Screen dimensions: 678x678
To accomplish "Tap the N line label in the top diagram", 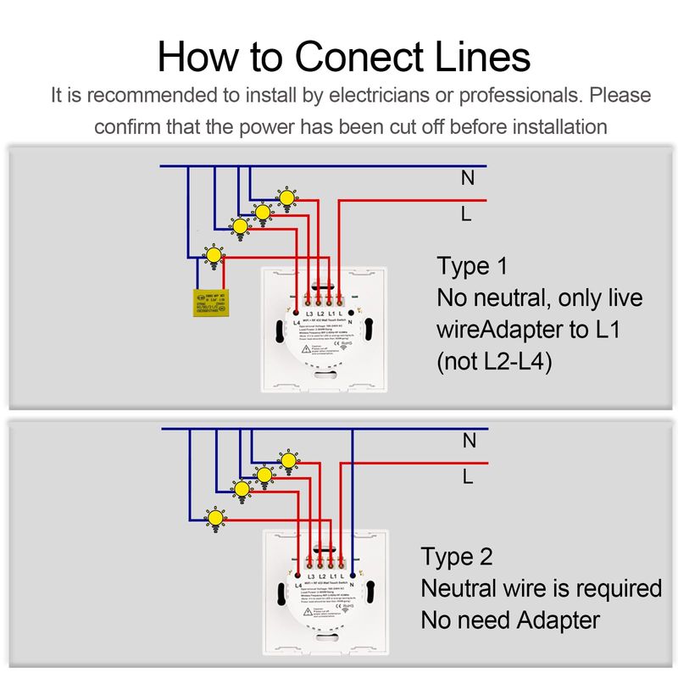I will pyautogui.click(x=467, y=178).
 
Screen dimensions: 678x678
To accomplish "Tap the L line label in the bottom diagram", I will pyautogui.click(x=467, y=477).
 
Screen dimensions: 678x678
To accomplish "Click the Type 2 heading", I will pyautogui.click(x=457, y=558).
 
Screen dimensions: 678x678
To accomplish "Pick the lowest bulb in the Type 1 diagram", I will pyautogui.click(x=214, y=254).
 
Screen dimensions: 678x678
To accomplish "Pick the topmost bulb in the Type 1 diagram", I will pyautogui.click(x=287, y=198).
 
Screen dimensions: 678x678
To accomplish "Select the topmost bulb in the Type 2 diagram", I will pyautogui.click(x=289, y=460).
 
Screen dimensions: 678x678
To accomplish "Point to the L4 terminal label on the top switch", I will pyautogui.click(x=297, y=323).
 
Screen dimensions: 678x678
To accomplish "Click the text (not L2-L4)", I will pyautogui.click(x=495, y=362).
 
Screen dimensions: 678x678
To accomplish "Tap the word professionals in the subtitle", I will pyautogui.click(x=522, y=95).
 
